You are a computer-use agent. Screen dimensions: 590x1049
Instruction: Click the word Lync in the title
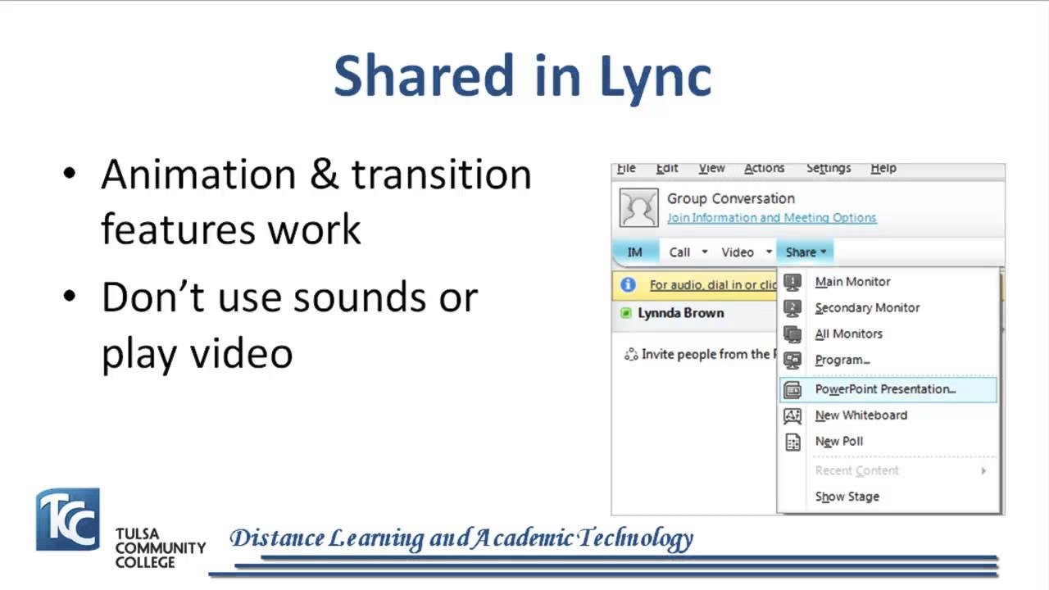[656, 76]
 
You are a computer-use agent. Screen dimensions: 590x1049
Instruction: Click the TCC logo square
[67, 520]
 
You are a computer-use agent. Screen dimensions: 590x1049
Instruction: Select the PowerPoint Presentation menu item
[885, 389]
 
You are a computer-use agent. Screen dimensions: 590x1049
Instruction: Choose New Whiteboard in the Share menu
[861, 415]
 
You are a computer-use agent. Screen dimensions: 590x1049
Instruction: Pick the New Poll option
[838, 442]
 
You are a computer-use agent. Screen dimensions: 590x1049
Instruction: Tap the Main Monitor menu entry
[852, 282]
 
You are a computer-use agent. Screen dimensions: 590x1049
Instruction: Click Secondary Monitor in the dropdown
[867, 308]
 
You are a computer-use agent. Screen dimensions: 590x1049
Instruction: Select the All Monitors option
[848, 334]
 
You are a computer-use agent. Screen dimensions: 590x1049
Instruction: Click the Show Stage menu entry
[847, 497]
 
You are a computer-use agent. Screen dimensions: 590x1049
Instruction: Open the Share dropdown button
[805, 252]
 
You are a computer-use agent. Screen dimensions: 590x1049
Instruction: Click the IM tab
[634, 252]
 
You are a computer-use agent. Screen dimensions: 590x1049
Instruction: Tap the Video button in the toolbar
[737, 252]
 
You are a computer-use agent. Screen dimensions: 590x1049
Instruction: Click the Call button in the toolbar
[679, 252]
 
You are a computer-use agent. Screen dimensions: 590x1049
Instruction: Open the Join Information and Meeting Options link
[771, 218]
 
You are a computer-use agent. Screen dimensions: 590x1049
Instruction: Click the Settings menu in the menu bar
[828, 168]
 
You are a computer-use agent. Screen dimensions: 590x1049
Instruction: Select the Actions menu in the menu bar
[764, 168]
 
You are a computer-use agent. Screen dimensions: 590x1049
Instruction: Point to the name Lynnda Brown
[680, 313]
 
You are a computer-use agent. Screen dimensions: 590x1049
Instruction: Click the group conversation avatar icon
[638, 208]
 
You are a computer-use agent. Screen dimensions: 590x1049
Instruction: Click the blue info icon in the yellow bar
[629, 285]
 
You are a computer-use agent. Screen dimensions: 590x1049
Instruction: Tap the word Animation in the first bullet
[198, 175]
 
